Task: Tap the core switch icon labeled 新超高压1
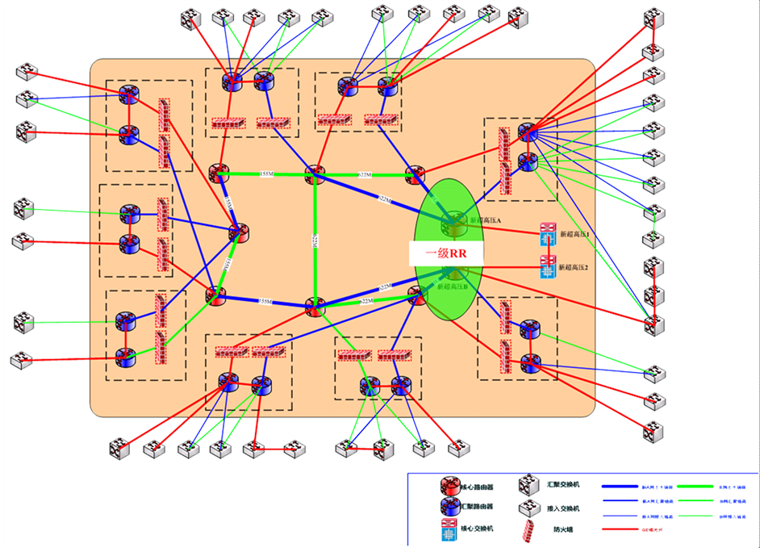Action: click(x=549, y=233)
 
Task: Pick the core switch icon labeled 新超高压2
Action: click(x=549, y=268)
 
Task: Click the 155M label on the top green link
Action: click(x=266, y=174)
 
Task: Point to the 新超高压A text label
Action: click(x=486, y=220)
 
